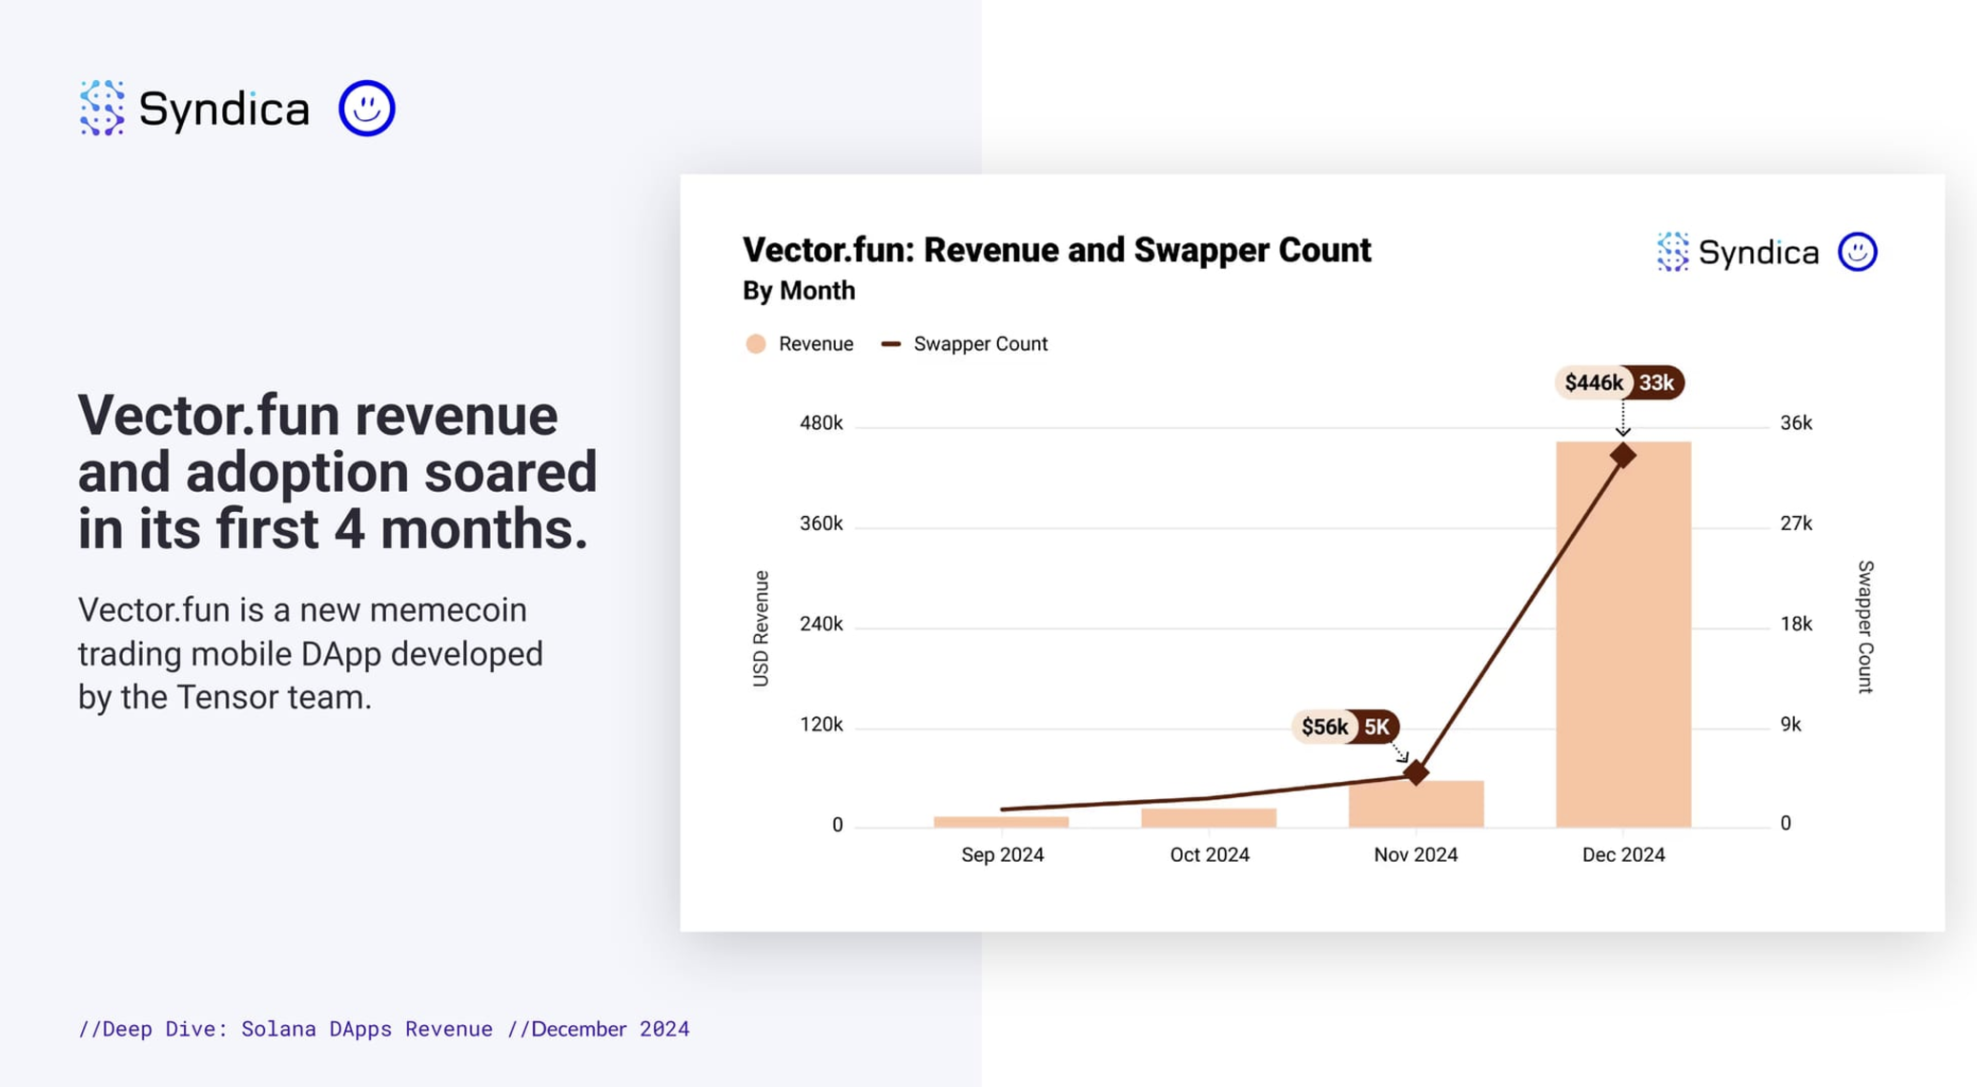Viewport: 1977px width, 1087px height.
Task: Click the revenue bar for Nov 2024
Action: click(1416, 806)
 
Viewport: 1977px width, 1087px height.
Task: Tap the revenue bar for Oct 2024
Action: click(1209, 817)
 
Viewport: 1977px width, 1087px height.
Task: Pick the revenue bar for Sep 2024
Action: click(1001, 821)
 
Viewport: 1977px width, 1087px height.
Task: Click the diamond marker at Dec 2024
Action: click(1622, 456)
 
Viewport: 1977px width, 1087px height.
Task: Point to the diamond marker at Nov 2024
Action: click(1417, 772)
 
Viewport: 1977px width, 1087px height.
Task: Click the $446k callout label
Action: click(1593, 382)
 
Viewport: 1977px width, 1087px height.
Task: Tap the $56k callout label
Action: click(1324, 727)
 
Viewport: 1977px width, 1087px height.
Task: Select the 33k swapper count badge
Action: click(1657, 382)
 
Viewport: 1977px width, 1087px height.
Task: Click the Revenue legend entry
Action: click(800, 343)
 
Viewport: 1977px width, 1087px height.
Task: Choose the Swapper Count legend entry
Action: click(965, 343)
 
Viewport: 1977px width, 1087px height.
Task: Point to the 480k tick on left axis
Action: click(821, 422)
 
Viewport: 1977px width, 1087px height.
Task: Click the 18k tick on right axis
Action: click(1796, 624)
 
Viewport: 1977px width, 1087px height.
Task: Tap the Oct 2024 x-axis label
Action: click(1209, 854)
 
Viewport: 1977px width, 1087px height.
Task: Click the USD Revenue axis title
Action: click(761, 627)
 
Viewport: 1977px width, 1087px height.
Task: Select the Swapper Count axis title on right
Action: click(1865, 627)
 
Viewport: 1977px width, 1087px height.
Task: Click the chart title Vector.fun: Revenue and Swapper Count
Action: click(1056, 250)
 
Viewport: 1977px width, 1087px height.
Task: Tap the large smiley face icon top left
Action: click(367, 108)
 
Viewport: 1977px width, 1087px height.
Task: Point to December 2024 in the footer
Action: click(610, 1029)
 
